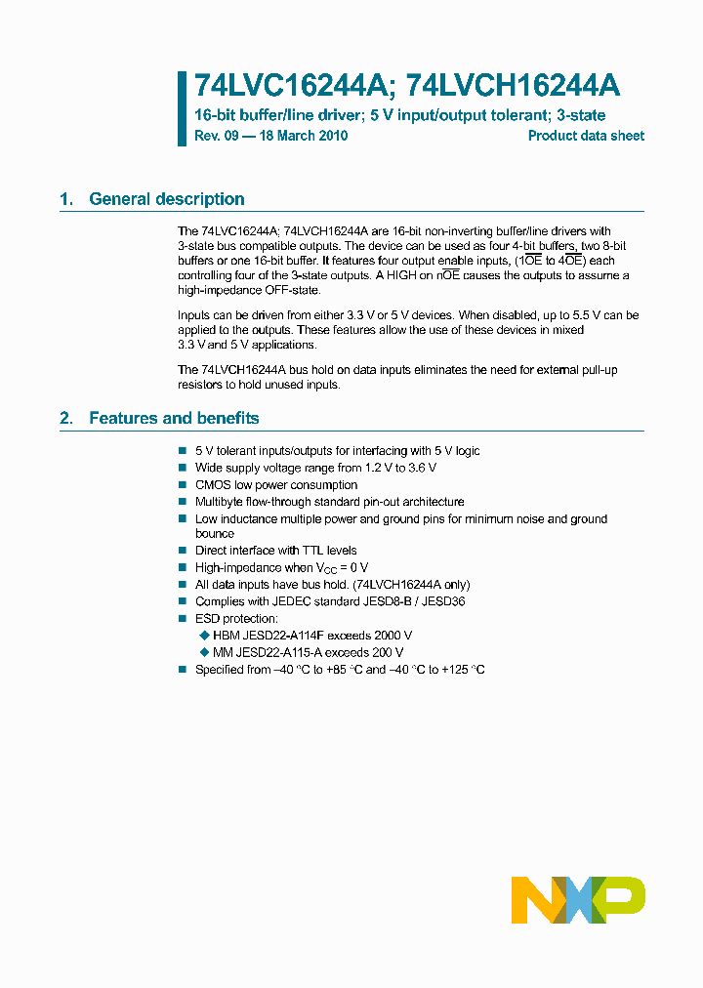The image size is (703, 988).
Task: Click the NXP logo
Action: coord(578,899)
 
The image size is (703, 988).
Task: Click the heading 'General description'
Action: coord(166,199)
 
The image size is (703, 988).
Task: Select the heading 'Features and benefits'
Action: coord(174,418)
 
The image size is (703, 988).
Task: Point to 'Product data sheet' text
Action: coord(586,136)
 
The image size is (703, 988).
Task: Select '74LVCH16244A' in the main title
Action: coord(513,86)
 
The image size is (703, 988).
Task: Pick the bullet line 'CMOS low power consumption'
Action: coord(276,485)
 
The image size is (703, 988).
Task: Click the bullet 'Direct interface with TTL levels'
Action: coord(276,551)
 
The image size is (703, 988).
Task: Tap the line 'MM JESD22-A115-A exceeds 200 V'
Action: coord(308,652)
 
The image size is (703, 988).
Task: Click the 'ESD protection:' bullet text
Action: coord(236,619)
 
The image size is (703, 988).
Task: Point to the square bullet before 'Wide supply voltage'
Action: coord(183,469)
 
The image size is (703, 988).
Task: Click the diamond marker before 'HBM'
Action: coord(204,636)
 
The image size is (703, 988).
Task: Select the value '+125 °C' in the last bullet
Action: coord(462,670)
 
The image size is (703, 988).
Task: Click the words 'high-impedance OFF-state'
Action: coord(248,291)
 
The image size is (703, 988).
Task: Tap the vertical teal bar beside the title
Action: coord(182,108)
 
